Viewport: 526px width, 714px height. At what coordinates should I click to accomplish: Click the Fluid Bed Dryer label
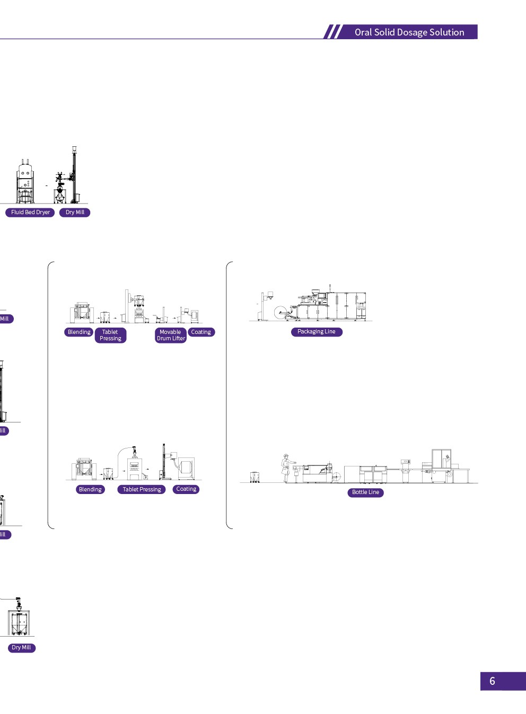(x=30, y=213)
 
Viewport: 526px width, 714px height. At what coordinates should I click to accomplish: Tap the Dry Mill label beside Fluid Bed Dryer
(x=75, y=213)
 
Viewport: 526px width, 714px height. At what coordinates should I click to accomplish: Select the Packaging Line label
(x=317, y=332)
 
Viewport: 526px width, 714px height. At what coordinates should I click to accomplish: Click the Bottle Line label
(x=366, y=492)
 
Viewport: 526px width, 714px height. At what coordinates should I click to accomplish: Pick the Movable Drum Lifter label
(x=171, y=335)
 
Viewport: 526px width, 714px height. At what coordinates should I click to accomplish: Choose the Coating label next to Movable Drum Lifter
(x=201, y=332)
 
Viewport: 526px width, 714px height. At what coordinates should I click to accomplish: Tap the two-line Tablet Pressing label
(x=110, y=335)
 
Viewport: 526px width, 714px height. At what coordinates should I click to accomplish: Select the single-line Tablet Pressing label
(x=142, y=490)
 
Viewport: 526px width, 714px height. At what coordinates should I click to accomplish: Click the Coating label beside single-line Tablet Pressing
(x=186, y=489)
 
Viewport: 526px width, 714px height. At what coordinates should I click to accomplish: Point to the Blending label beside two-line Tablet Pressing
(x=79, y=332)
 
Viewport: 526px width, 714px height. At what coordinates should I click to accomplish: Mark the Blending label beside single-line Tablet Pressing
(x=90, y=490)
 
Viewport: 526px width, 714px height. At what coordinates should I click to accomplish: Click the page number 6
(x=492, y=681)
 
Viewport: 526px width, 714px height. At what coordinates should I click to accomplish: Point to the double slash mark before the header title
(x=334, y=32)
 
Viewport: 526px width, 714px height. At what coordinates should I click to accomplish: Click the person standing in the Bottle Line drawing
(x=286, y=468)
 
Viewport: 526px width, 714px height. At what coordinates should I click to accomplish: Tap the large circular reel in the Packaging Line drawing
(x=280, y=313)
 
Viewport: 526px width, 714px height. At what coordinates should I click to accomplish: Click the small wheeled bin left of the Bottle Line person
(x=255, y=477)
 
